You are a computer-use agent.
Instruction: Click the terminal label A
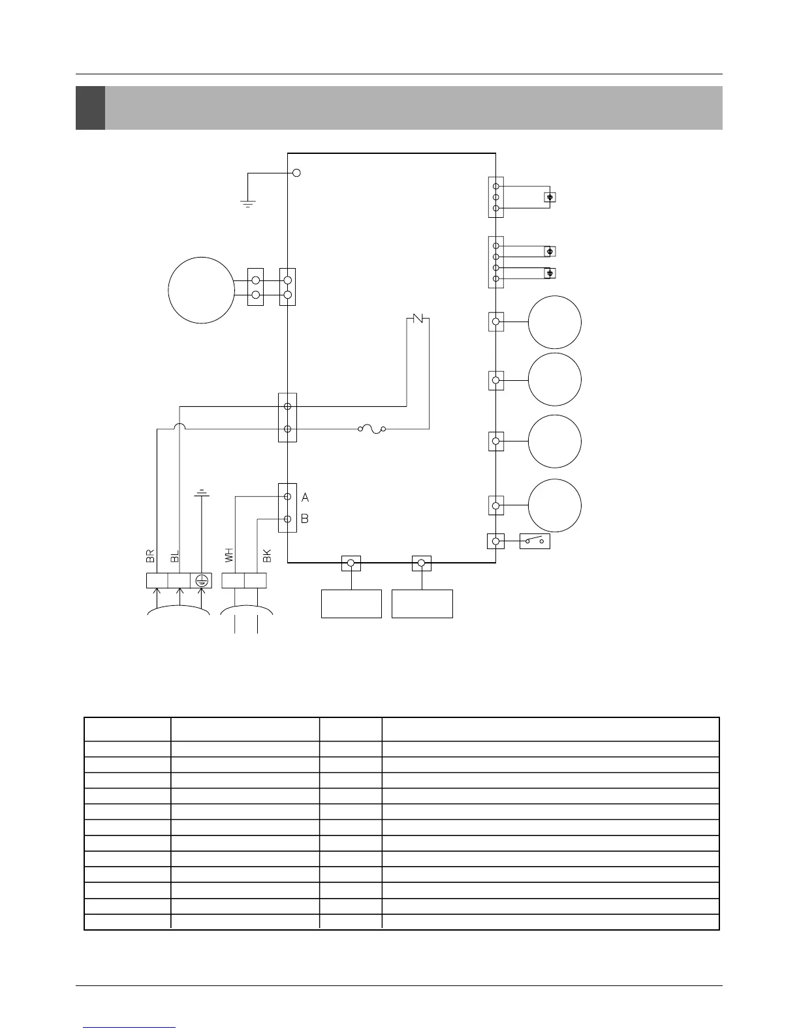click(x=305, y=498)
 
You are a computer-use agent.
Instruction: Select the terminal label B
click(x=305, y=520)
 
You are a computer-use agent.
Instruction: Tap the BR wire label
click(x=150, y=556)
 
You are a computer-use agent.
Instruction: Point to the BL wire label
click(x=174, y=556)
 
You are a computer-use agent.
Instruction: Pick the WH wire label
click(x=228, y=556)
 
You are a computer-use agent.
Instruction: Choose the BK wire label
click(x=266, y=556)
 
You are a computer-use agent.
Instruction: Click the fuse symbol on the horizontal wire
click(x=371, y=429)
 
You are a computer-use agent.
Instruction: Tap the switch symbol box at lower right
click(x=535, y=541)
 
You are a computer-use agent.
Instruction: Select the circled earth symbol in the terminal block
click(x=202, y=580)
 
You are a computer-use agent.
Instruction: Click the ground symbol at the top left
click(x=247, y=203)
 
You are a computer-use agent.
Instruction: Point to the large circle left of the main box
click(x=201, y=290)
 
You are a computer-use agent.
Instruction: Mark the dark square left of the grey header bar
click(x=90, y=108)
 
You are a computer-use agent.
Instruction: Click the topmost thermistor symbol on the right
click(x=550, y=197)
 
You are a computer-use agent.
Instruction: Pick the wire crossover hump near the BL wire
click(x=179, y=427)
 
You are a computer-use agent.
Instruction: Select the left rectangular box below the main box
click(x=351, y=604)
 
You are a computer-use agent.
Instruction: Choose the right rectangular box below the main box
click(x=422, y=604)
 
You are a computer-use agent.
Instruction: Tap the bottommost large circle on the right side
click(x=554, y=505)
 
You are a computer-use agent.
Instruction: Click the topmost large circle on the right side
click(x=554, y=322)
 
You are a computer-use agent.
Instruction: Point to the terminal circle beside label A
click(x=287, y=497)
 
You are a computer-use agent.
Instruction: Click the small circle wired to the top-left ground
click(x=296, y=173)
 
